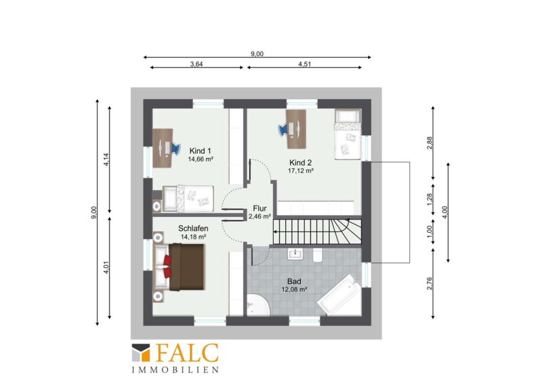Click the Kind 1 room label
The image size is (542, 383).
(x=200, y=151)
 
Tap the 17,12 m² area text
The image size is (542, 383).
(x=301, y=171)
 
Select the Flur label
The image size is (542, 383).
(x=259, y=208)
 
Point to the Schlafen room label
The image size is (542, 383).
(x=193, y=228)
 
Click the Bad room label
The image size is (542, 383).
(x=294, y=281)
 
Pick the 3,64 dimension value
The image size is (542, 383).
(x=196, y=64)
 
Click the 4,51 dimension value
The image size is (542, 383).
(x=304, y=64)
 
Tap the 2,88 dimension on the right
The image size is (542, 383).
(x=430, y=143)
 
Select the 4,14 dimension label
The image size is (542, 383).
(x=106, y=159)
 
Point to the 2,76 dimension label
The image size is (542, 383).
(x=430, y=283)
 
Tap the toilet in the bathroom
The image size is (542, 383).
(x=317, y=256)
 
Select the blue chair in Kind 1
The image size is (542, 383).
(x=175, y=148)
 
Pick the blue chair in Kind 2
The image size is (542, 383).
(x=283, y=129)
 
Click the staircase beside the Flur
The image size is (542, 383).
(x=317, y=231)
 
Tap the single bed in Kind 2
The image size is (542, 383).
(x=348, y=134)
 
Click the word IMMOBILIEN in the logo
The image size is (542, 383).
(x=175, y=370)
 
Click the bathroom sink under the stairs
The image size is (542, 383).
(x=295, y=254)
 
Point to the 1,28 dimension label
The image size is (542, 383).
(x=430, y=199)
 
